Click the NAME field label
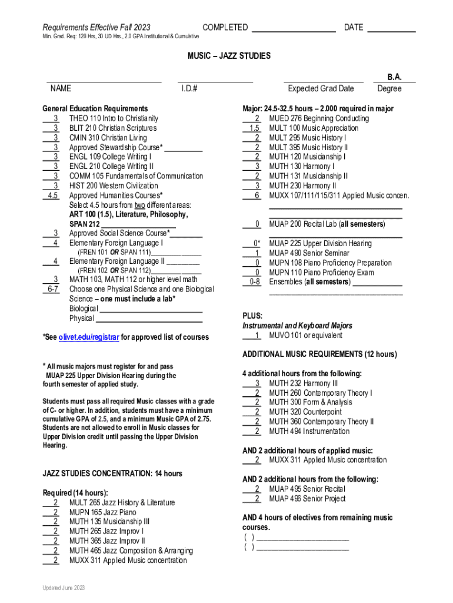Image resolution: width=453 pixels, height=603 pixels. [x=61, y=88]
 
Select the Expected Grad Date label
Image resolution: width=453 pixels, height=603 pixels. [x=321, y=88]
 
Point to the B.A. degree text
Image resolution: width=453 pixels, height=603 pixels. [x=394, y=77]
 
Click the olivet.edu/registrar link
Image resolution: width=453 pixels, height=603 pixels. [x=89, y=337]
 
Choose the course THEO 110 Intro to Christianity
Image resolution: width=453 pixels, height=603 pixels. [x=114, y=118]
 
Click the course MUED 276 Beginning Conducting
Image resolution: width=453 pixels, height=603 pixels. [x=319, y=118]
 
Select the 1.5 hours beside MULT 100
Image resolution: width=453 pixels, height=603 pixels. [x=254, y=128]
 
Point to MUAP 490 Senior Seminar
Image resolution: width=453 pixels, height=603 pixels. [x=309, y=253]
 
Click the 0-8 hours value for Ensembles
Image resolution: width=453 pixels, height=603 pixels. [x=254, y=282]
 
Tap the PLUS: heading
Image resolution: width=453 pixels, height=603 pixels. [x=252, y=316]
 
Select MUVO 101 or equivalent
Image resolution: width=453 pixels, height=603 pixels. [x=305, y=336]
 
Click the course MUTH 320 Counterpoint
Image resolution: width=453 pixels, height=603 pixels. [x=305, y=412]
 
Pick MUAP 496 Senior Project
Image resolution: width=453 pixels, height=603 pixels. [x=307, y=499]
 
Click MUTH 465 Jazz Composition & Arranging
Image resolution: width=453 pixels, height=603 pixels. [x=131, y=551]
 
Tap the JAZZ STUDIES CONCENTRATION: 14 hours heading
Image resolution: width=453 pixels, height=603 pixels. [x=112, y=473]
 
